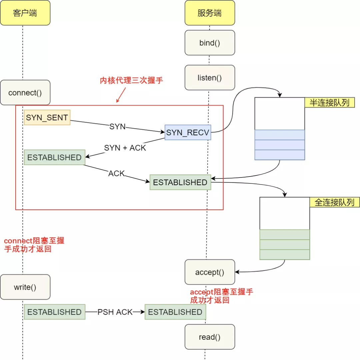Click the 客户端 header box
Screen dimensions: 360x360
25,13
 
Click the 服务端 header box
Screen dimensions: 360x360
210,13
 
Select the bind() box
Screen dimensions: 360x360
210,43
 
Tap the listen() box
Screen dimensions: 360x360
210,78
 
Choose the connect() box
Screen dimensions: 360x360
25,93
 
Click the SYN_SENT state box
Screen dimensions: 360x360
47,117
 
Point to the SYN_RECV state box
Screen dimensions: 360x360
188,132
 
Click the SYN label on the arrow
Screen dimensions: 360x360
117,127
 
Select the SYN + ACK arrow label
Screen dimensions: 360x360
125,148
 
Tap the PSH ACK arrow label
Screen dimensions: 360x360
115,312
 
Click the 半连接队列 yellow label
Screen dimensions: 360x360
329,103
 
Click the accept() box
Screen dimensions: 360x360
210,272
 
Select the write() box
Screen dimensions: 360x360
25,287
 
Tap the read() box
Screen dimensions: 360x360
210,337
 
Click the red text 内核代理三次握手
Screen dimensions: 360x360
131,81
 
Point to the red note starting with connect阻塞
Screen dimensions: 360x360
34,245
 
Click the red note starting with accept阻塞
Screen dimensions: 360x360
221,296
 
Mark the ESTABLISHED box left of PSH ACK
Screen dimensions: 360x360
54,312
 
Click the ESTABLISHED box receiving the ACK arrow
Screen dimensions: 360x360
180,182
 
